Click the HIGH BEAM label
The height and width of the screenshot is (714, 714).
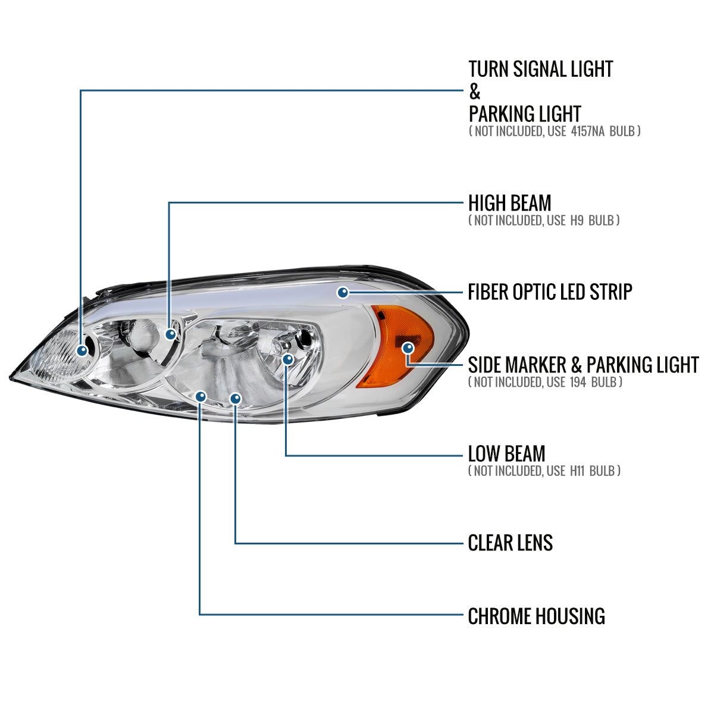(x=509, y=203)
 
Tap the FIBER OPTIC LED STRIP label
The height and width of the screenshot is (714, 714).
(x=550, y=292)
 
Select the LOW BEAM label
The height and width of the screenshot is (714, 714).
(x=506, y=454)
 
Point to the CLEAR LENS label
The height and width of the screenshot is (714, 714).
(x=510, y=543)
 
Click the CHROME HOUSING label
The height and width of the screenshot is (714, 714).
(x=536, y=616)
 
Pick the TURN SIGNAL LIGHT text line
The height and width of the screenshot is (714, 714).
(x=540, y=69)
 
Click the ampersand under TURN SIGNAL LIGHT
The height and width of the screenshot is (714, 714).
(x=474, y=92)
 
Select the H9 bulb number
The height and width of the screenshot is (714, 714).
(x=577, y=221)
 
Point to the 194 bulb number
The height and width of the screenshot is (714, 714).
(x=582, y=382)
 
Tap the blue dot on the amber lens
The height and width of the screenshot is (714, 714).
(x=408, y=348)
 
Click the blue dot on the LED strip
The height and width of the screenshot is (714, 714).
(x=343, y=292)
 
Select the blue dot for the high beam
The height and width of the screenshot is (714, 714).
(x=171, y=334)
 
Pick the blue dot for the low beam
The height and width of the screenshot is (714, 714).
(x=288, y=359)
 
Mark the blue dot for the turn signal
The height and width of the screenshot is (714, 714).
(x=82, y=350)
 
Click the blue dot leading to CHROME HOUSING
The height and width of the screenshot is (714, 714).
(x=201, y=396)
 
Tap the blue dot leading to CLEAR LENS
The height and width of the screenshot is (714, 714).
(x=236, y=397)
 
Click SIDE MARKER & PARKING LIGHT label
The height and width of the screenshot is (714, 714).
(x=583, y=365)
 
